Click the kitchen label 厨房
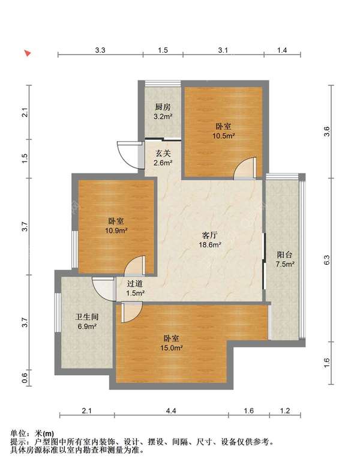163,107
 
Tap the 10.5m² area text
223,136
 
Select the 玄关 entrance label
163,154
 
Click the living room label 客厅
210,235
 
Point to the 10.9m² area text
116,230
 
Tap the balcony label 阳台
284,255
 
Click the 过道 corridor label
135,283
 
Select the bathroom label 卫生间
87,317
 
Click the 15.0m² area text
172,348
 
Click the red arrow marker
28,53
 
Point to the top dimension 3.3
100,50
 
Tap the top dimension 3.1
223,50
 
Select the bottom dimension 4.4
171,411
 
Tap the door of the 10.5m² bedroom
245,168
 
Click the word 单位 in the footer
17,433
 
